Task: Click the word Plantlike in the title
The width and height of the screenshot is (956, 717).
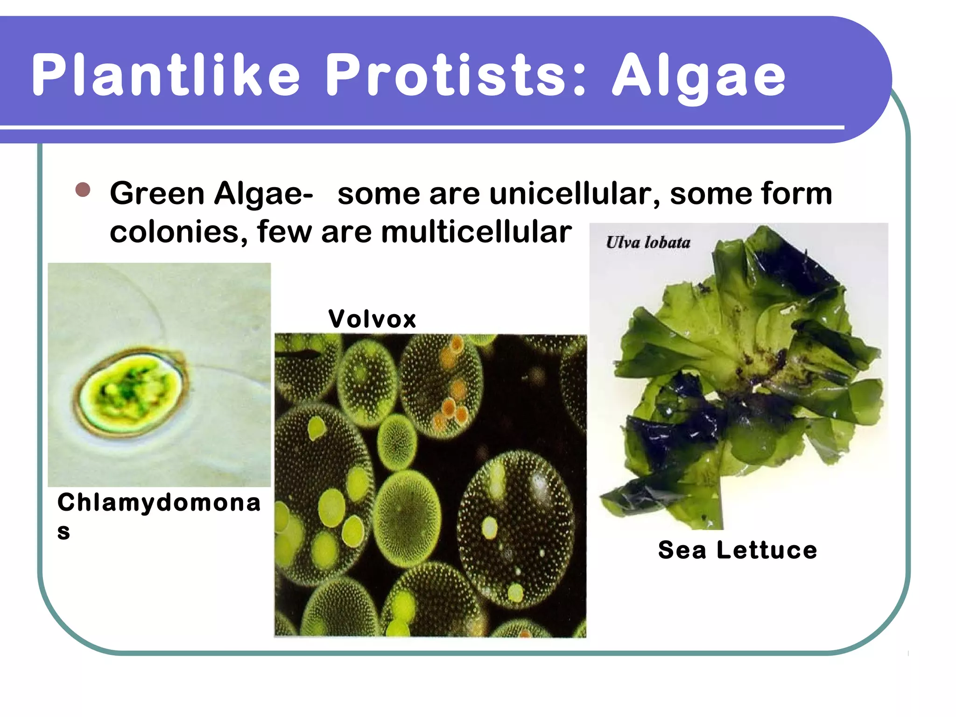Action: click(x=166, y=75)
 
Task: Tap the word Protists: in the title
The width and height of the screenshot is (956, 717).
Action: click(x=455, y=75)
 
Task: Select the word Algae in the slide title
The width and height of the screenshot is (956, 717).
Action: click(x=699, y=77)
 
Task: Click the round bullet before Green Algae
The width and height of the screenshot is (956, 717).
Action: click(x=83, y=190)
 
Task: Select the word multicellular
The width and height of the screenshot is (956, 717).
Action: click(x=476, y=232)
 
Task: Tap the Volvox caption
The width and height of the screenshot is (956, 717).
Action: click(x=372, y=319)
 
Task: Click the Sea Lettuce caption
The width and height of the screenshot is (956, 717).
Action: click(x=738, y=550)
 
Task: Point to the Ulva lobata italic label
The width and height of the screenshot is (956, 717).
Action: click(x=648, y=242)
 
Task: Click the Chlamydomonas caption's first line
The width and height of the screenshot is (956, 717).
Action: click(x=159, y=503)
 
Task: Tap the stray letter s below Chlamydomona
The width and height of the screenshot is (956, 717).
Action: click(x=63, y=532)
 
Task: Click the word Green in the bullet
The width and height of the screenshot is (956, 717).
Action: click(x=157, y=193)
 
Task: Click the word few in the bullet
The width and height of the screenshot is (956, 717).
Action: click(x=284, y=232)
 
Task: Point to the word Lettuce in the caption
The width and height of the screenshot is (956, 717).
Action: click(x=767, y=550)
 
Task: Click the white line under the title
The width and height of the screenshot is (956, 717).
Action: click(x=420, y=127)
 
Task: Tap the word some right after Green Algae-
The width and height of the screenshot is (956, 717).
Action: click(x=379, y=193)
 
